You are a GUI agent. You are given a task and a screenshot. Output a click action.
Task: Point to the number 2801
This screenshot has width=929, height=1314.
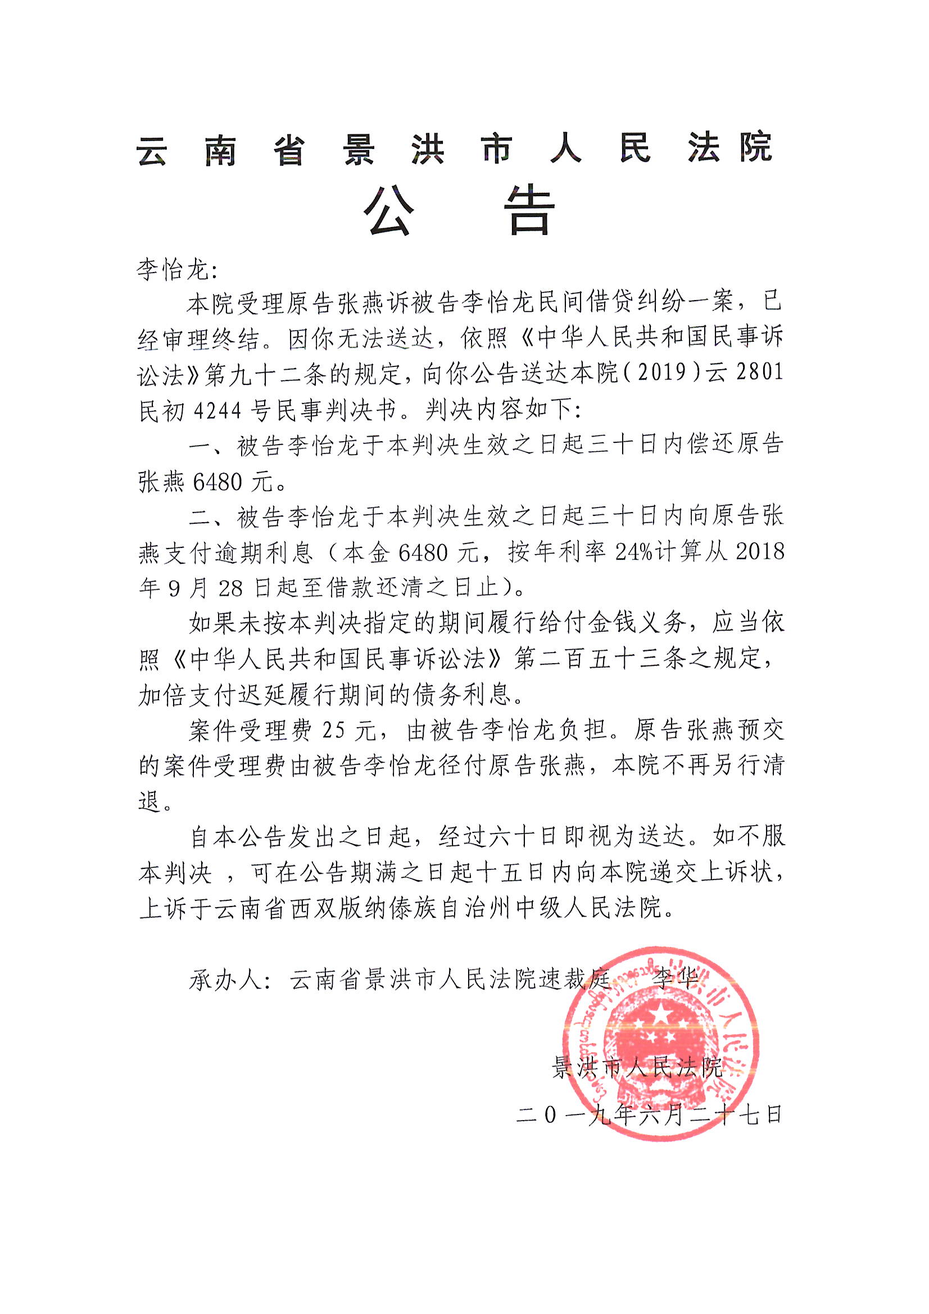coord(760,373)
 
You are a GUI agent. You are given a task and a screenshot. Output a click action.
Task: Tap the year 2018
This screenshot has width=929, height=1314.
coord(760,552)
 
